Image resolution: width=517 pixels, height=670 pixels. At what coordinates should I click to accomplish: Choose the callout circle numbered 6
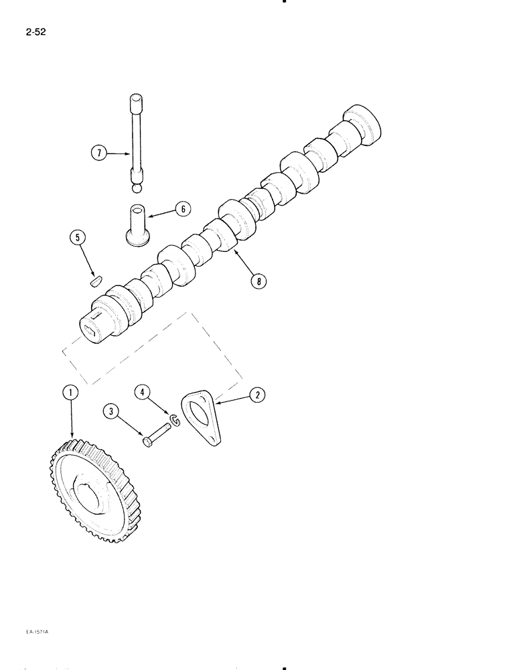(x=181, y=209)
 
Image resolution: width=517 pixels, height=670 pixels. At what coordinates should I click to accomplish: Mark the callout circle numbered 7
(x=98, y=154)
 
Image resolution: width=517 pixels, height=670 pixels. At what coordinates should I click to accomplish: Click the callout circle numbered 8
(x=256, y=281)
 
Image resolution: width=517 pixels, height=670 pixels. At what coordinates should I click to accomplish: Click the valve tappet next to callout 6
(x=138, y=226)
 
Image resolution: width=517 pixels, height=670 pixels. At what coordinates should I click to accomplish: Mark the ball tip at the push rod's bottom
(x=137, y=189)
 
